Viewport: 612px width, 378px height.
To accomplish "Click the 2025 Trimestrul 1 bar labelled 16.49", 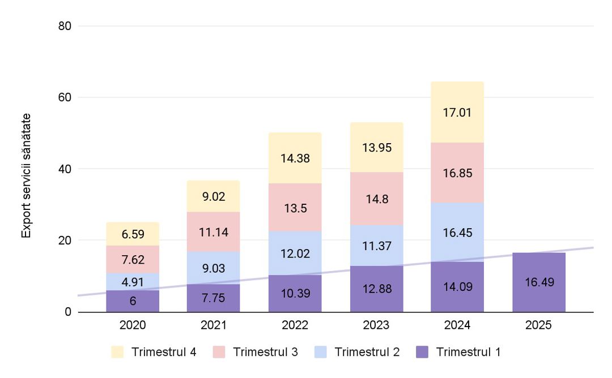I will [538, 282].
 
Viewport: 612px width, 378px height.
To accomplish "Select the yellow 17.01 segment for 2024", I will [457, 112].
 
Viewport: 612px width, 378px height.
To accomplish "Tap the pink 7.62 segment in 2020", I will [133, 260].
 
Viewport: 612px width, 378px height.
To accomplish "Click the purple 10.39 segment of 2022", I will [295, 293].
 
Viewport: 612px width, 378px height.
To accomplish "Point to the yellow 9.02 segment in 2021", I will [214, 196].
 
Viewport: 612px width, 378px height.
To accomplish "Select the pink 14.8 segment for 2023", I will [376, 199].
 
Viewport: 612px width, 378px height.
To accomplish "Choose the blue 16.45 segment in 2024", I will [457, 232].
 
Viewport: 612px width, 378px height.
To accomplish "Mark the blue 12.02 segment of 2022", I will [295, 253].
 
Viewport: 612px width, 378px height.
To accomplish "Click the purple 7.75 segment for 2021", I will [214, 298].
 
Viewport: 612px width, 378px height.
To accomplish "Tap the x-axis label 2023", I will [376, 325].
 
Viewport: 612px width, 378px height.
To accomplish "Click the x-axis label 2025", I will [538, 325].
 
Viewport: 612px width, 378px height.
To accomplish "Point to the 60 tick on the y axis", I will [66, 97].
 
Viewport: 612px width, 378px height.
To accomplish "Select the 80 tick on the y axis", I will [66, 26].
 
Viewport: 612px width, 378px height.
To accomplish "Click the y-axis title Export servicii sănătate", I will [26, 175].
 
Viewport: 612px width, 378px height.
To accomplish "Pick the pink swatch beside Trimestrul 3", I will [220, 352].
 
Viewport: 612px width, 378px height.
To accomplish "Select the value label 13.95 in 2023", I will [376, 148].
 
